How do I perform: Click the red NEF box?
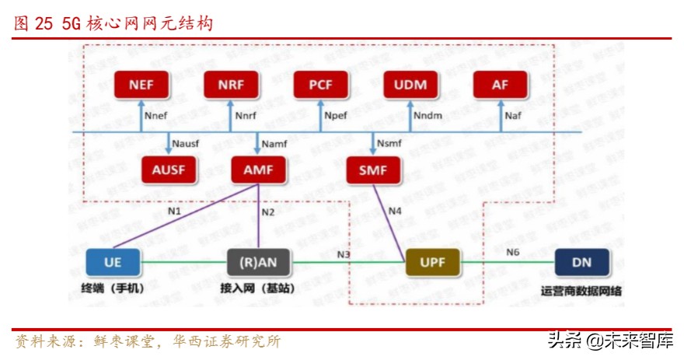[x=141, y=85]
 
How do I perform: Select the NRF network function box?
[x=231, y=85]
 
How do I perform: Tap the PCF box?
[x=320, y=85]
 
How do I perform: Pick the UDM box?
[x=410, y=85]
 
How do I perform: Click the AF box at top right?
[x=500, y=85]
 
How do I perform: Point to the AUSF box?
[x=169, y=169]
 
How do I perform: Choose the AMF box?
[x=258, y=169]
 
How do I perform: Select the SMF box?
[x=373, y=169]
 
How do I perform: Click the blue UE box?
[x=113, y=262]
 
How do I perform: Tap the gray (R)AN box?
[x=258, y=262]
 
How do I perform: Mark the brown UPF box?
[x=433, y=262]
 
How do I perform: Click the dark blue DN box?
[x=581, y=262]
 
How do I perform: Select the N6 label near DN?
[x=512, y=252]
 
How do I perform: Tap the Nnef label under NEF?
[x=156, y=117]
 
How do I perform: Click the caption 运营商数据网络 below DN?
[x=581, y=292]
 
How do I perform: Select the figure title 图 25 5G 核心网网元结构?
[x=113, y=24]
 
